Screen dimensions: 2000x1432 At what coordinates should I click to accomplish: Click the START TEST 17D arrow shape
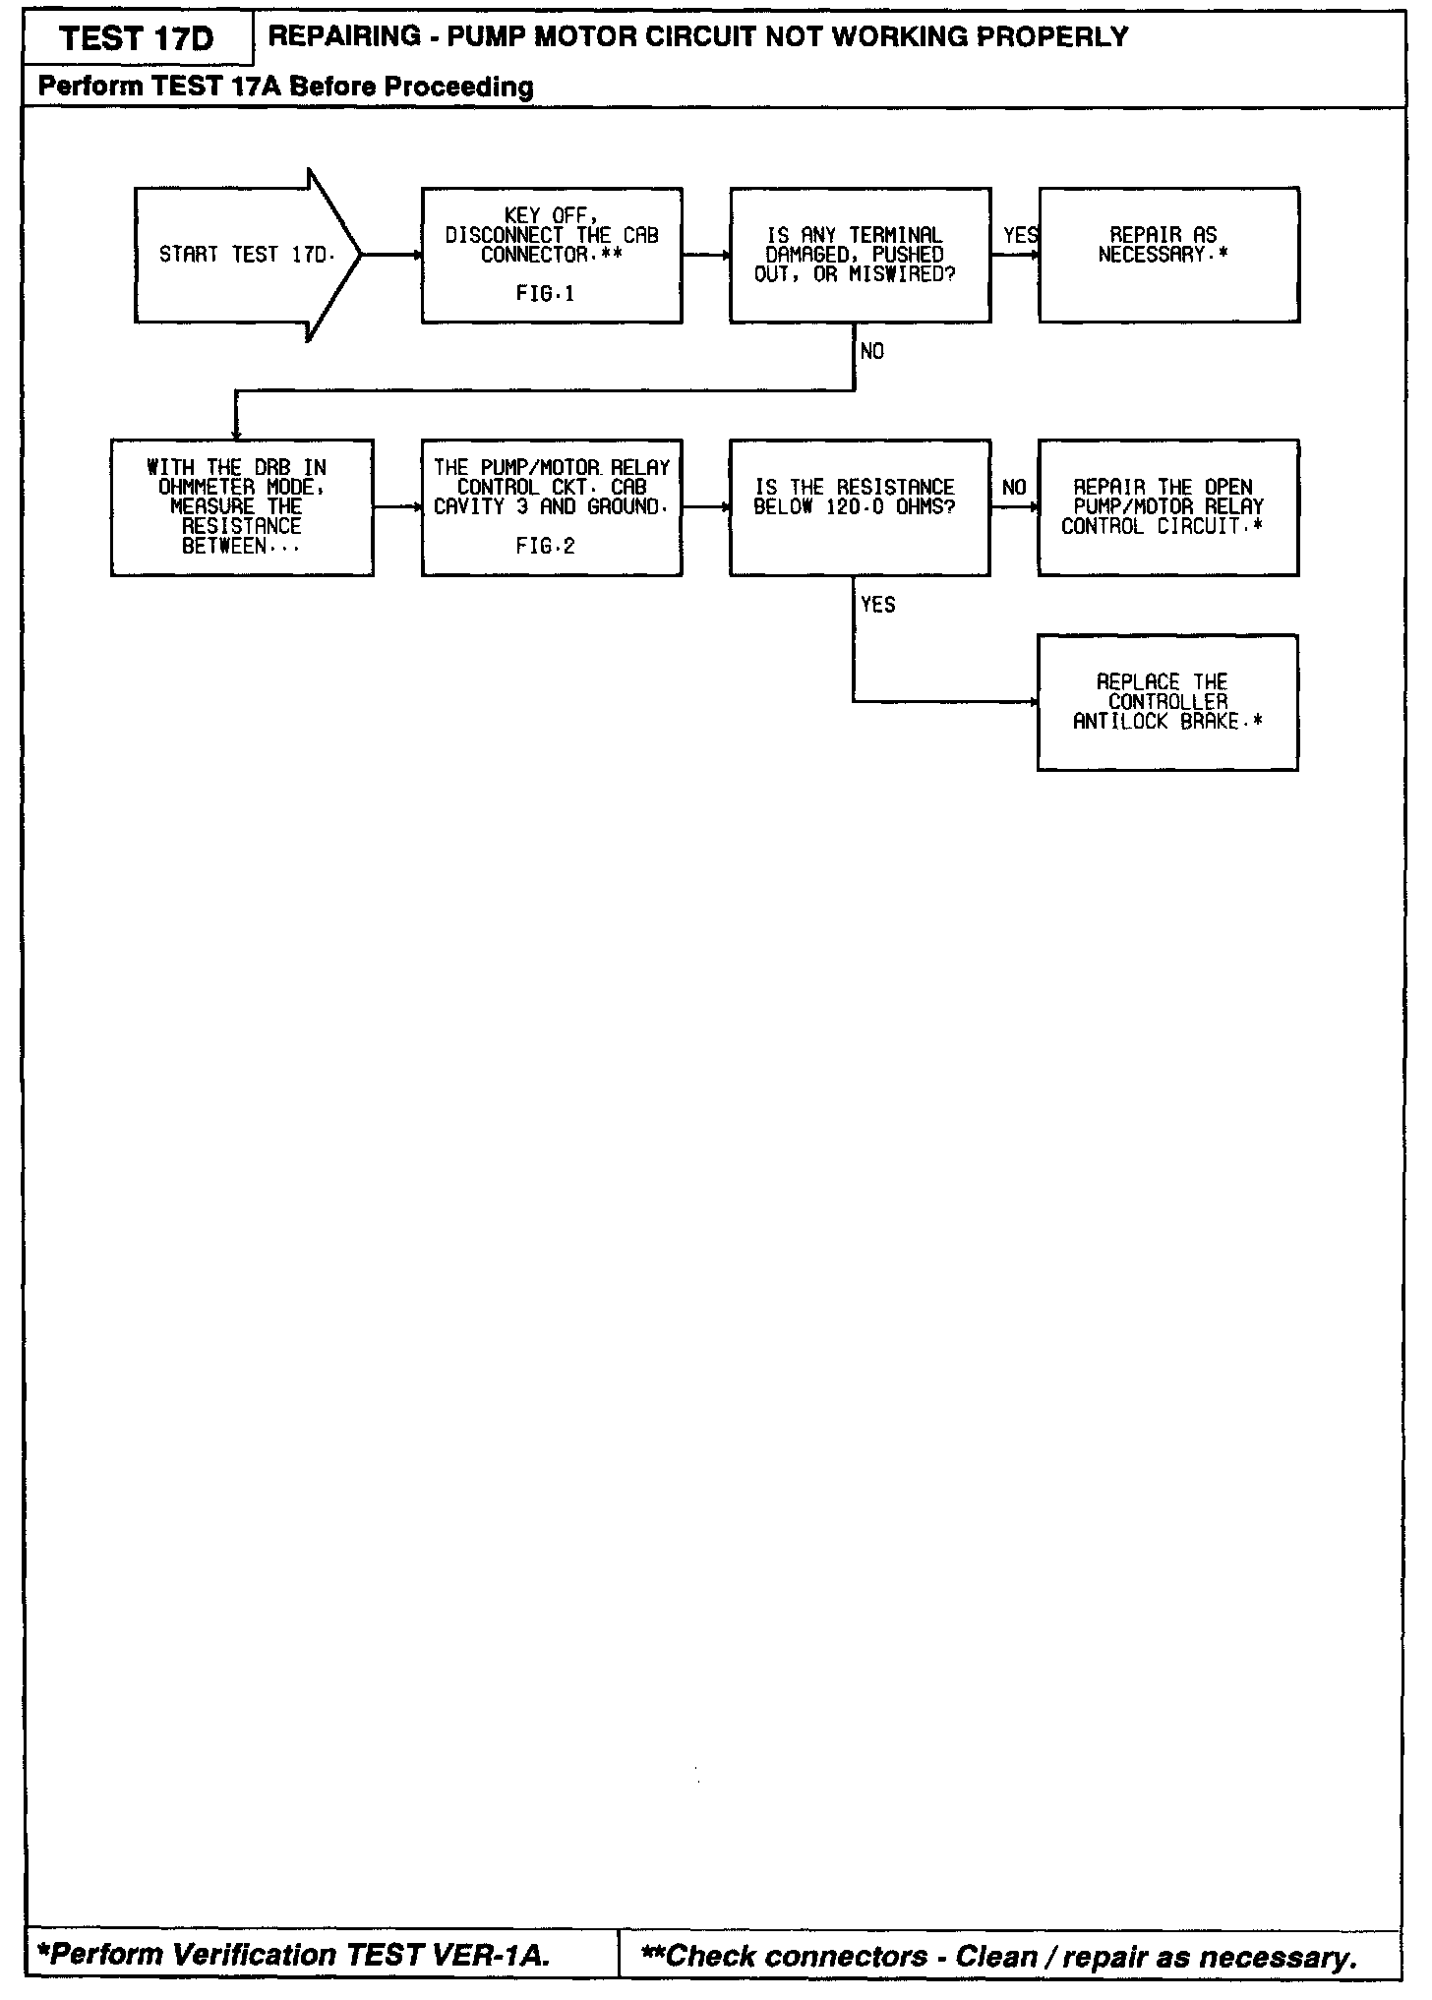pyautogui.click(x=246, y=255)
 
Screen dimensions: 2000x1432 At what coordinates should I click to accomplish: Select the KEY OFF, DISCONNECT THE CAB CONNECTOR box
pyautogui.click(x=552, y=255)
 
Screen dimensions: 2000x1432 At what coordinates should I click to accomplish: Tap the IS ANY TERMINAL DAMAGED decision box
pyautogui.click(x=860, y=255)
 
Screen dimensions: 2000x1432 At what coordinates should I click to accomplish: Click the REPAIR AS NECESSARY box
pyautogui.click(x=1168, y=255)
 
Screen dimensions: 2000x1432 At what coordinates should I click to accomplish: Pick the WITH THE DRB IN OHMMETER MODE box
pyautogui.click(x=242, y=507)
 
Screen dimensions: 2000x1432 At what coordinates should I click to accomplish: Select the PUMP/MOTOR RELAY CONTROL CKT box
pyautogui.click(x=552, y=507)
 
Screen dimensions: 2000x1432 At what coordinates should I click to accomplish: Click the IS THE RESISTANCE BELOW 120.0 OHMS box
pyautogui.click(x=860, y=507)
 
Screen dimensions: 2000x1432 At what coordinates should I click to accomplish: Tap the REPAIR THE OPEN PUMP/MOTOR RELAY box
pyautogui.click(x=1168, y=507)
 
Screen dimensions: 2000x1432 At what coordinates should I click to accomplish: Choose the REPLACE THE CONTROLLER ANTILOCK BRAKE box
pyautogui.click(x=1167, y=702)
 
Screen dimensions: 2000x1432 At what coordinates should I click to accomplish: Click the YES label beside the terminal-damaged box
pyautogui.click(x=1020, y=235)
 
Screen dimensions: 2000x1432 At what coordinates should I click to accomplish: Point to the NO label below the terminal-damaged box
pyautogui.click(x=872, y=351)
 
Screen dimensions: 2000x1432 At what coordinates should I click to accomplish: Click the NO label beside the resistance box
pyautogui.click(x=1014, y=488)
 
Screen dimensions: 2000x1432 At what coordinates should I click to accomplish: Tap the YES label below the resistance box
pyautogui.click(x=877, y=605)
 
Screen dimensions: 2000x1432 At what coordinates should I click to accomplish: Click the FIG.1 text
pyautogui.click(x=545, y=294)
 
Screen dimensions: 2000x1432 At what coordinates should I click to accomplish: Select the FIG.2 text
pyautogui.click(x=545, y=547)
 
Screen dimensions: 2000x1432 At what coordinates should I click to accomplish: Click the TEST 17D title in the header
pyautogui.click(x=137, y=39)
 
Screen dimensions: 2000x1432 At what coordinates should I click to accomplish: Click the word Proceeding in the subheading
pyautogui.click(x=458, y=88)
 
